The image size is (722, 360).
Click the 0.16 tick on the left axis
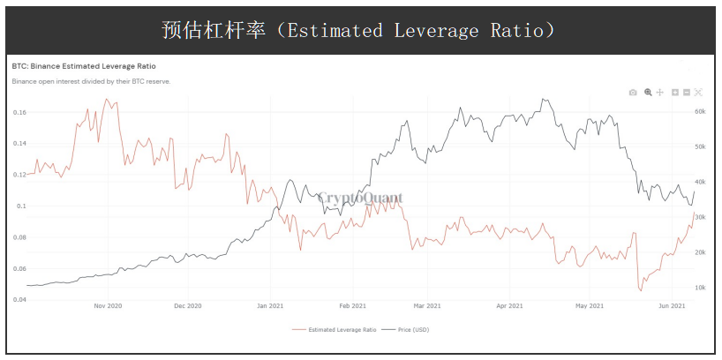[x=19, y=112]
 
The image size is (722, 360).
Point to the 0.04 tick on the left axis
[x=19, y=300]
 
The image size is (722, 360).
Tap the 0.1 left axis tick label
[x=21, y=206]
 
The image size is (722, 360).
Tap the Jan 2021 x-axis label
[x=270, y=306]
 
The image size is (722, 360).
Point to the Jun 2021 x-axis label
[x=673, y=306]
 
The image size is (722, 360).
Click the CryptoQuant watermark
[x=360, y=199]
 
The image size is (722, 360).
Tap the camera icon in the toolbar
[x=633, y=92]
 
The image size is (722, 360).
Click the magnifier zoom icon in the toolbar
[x=648, y=92]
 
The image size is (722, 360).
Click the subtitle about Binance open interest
[x=91, y=81]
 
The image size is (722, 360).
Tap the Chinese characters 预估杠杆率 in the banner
[x=214, y=30]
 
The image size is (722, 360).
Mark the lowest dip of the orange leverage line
[x=641, y=289]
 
